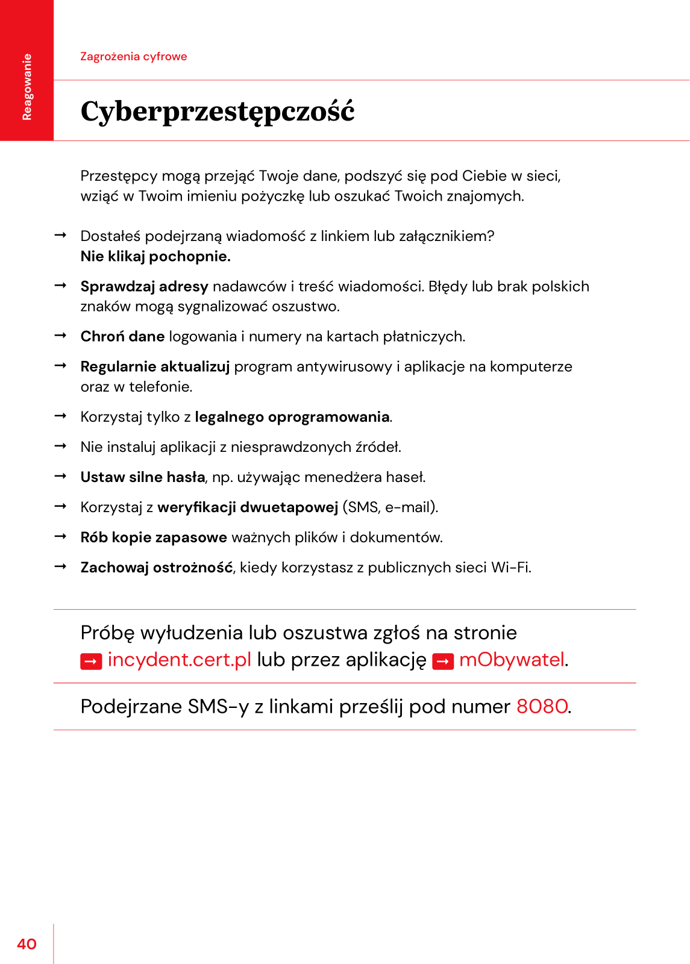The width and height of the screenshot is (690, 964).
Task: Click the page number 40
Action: click(x=27, y=944)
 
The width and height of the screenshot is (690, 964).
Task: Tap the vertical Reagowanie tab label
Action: click(x=27, y=87)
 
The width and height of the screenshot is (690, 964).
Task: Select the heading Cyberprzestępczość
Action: click(x=218, y=112)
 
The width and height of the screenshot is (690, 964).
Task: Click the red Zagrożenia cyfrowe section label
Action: click(x=134, y=57)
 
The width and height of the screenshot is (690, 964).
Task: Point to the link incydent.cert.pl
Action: click(x=179, y=660)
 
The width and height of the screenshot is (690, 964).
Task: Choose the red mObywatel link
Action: click(x=512, y=660)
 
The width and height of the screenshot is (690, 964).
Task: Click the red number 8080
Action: click(x=542, y=706)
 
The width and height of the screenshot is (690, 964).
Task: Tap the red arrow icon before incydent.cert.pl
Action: click(x=91, y=662)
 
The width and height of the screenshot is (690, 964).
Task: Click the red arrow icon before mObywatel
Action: click(x=443, y=662)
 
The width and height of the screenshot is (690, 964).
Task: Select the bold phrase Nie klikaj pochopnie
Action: click(x=155, y=257)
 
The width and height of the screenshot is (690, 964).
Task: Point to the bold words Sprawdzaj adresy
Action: click(x=144, y=287)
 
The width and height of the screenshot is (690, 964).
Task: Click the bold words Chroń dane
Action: click(x=122, y=337)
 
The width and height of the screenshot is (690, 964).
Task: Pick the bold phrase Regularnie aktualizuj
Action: click(x=155, y=367)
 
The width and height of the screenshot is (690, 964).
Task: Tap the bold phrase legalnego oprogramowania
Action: click(x=292, y=417)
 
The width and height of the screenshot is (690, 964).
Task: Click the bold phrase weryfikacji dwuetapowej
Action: click(x=248, y=507)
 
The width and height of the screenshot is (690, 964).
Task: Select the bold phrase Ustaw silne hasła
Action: click(x=143, y=477)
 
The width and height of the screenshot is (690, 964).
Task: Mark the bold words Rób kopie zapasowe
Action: click(x=154, y=537)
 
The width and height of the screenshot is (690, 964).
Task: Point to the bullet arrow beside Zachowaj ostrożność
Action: click(x=60, y=567)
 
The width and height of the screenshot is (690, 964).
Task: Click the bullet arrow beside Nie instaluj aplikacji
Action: click(x=60, y=446)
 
